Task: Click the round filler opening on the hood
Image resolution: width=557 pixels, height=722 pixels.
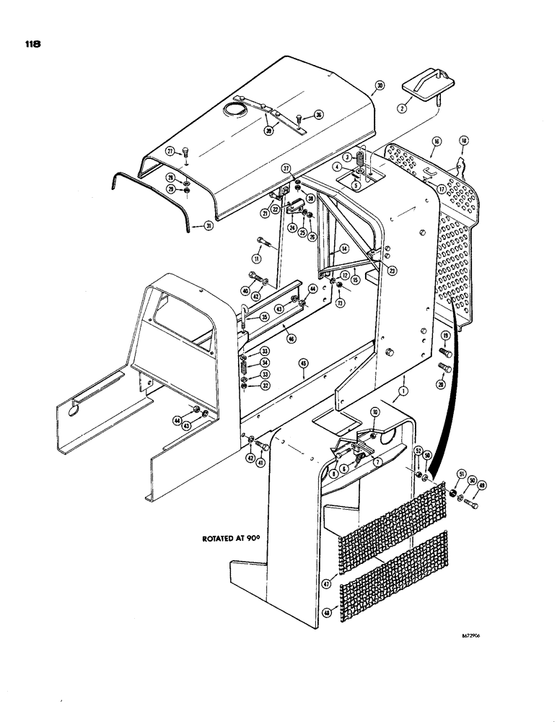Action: (x=234, y=109)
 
